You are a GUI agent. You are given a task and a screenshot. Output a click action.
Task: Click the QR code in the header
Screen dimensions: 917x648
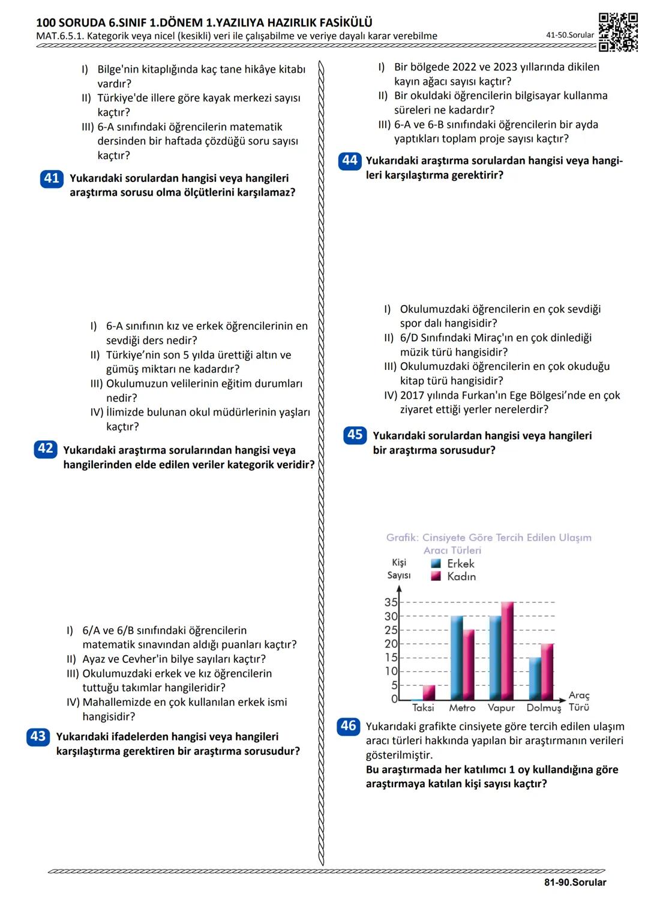click(x=618, y=32)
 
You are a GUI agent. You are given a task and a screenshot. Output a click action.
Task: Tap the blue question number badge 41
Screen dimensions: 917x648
click(x=52, y=178)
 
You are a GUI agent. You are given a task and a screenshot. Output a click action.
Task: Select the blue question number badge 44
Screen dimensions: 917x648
click(x=349, y=161)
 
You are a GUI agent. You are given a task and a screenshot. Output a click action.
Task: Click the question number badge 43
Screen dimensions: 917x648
click(x=38, y=736)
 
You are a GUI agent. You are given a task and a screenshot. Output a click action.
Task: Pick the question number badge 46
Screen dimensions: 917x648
click(x=348, y=725)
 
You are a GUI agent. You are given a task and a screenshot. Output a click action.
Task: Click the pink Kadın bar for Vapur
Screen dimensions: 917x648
click(x=507, y=650)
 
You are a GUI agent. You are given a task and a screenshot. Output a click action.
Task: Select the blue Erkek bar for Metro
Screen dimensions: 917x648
click(x=457, y=658)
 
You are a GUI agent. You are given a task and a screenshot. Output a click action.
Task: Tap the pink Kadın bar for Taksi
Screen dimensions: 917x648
click(x=429, y=692)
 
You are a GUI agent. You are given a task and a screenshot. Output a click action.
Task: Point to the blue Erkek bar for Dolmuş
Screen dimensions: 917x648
click(x=535, y=679)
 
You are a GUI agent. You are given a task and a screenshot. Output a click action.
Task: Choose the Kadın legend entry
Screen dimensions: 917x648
click(x=454, y=577)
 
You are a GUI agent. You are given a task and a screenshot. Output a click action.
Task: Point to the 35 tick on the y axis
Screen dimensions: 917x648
click(x=391, y=602)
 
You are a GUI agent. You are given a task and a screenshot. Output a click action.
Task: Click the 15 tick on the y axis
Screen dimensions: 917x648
click(x=391, y=658)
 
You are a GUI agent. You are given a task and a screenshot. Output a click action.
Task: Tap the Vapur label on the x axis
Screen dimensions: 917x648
click(x=501, y=708)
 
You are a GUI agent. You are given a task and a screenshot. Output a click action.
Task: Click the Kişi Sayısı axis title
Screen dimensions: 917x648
click(x=399, y=569)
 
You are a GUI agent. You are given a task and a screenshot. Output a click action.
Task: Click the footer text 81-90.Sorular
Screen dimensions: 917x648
click(x=575, y=882)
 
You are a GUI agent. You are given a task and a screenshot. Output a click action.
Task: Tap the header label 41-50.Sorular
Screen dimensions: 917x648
click(x=569, y=35)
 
